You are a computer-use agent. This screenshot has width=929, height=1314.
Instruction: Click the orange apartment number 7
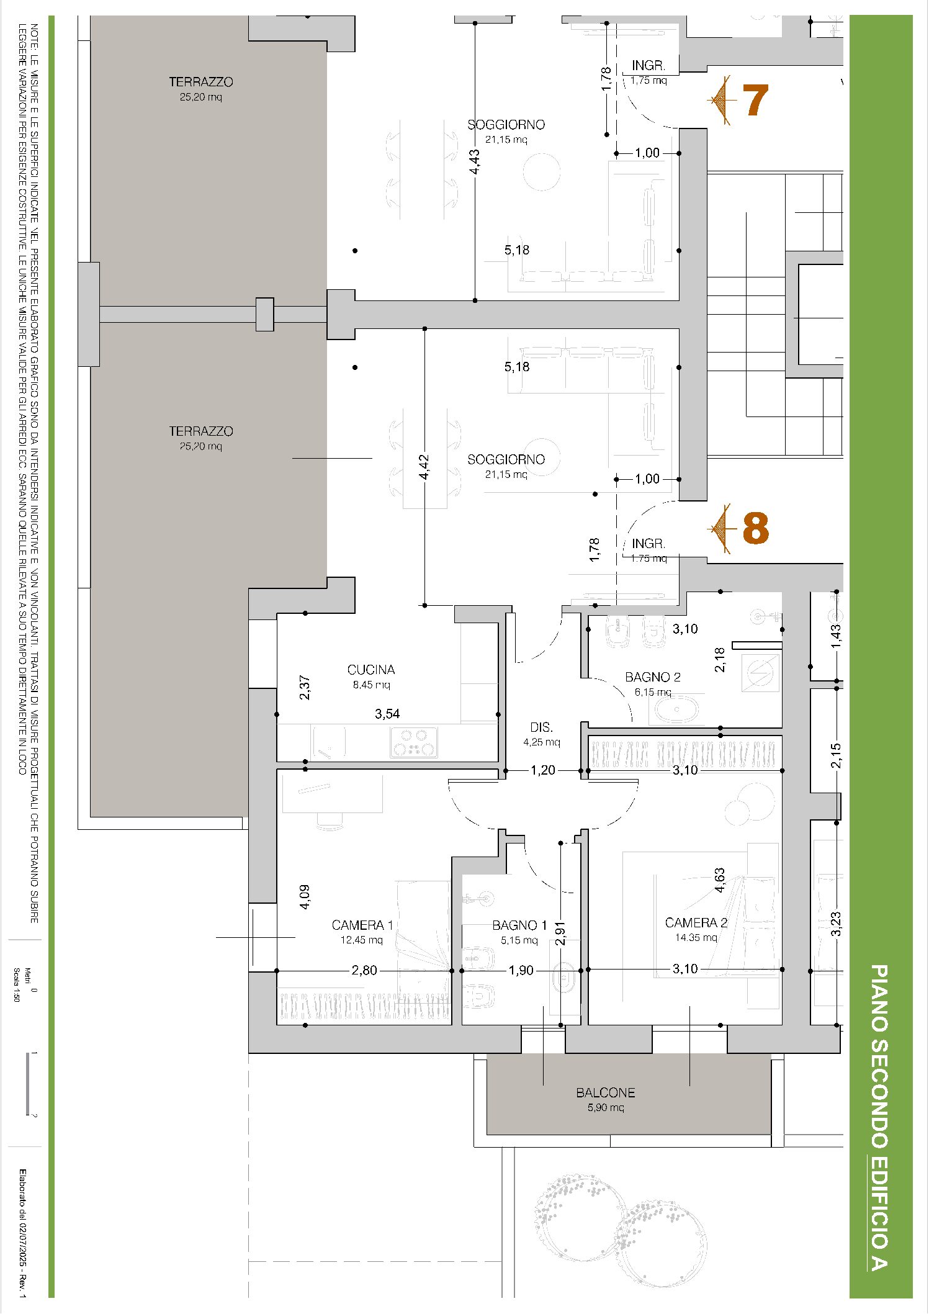(x=755, y=100)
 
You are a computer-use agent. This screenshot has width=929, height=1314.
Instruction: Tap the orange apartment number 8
(x=755, y=529)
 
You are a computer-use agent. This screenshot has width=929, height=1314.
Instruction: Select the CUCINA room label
(x=371, y=670)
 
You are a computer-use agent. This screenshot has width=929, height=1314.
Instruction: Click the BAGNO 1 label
(x=519, y=925)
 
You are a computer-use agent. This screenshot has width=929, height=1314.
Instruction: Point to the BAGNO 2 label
(x=653, y=677)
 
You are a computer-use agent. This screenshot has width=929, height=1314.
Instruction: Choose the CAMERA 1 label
(x=362, y=925)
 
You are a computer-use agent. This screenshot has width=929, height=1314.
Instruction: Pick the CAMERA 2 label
(x=696, y=923)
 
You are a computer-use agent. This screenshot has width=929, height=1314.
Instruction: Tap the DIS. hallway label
(x=542, y=727)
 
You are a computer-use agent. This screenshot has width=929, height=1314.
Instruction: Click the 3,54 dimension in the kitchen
(x=387, y=714)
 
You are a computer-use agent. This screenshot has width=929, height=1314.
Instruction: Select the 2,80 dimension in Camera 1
(x=364, y=970)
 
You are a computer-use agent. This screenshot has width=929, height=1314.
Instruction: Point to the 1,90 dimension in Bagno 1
(x=521, y=970)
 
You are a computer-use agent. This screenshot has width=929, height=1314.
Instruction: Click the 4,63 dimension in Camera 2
(x=720, y=880)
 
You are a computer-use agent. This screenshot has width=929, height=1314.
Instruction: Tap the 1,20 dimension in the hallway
(x=543, y=770)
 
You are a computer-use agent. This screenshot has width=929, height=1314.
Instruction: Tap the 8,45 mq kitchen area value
(x=371, y=685)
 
